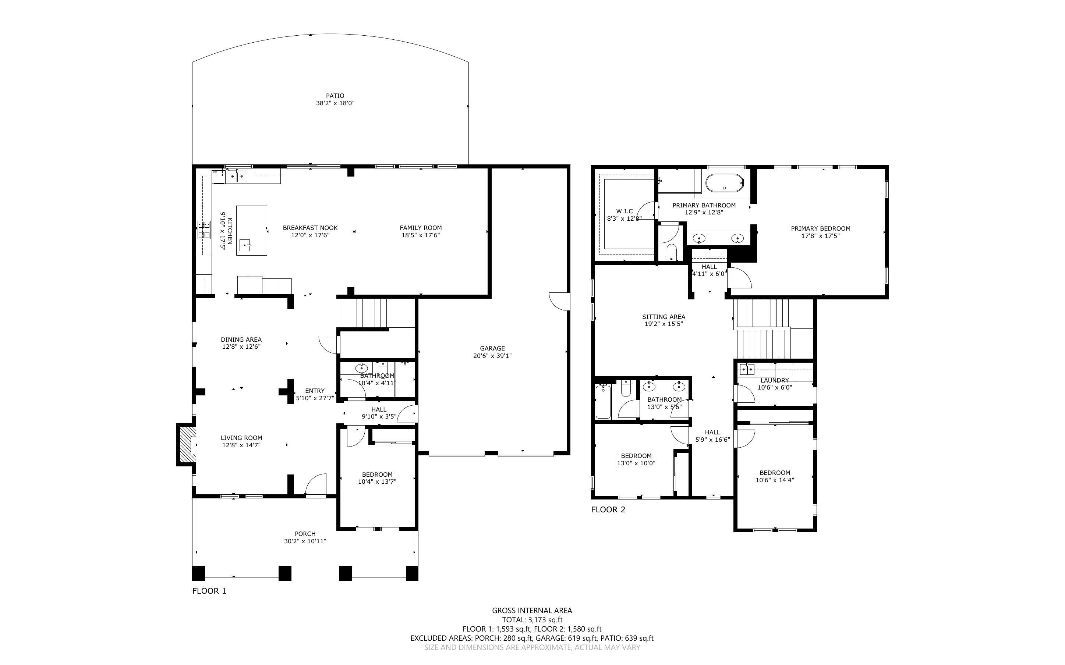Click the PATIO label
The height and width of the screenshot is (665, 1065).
coord(335,95)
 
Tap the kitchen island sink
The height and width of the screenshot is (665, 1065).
coord(245,245)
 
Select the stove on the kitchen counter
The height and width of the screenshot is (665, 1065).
coord(204,230)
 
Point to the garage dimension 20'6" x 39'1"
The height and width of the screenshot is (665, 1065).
coord(492,356)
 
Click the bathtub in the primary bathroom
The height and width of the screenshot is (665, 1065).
coord(725,183)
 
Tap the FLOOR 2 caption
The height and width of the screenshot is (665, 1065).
coord(608,510)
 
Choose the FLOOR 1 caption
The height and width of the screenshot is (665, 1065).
coord(209,591)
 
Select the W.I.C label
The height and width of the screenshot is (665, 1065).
coord(624,211)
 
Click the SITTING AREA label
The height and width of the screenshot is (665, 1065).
coord(664,317)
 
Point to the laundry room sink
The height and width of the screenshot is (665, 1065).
coord(747,369)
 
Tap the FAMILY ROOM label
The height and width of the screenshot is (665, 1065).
coord(421,227)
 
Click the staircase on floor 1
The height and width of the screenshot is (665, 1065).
coord(362,312)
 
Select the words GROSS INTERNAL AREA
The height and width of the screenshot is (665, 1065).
coord(532,611)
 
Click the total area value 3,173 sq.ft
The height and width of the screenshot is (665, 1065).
coord(545,620)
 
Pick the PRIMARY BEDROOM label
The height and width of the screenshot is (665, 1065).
coord(820,228)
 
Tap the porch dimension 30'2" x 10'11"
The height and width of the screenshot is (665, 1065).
coord(305,541)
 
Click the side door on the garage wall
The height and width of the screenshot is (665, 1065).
coord(559,301)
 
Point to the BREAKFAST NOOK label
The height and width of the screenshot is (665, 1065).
coord(310,227)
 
